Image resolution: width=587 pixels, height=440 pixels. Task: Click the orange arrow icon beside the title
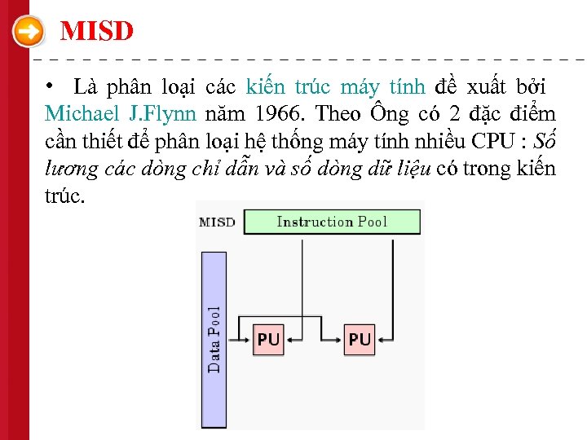[29, 33]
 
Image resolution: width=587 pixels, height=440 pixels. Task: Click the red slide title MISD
[97, 32]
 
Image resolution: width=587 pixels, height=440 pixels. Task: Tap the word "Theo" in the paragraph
[338, 112]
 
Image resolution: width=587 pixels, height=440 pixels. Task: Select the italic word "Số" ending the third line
[543, 140]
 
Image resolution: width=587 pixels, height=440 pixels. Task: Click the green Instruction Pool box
[332, 222]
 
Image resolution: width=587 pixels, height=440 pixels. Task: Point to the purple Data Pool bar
[214, 339]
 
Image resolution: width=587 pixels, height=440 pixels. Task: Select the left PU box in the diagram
[268, 339]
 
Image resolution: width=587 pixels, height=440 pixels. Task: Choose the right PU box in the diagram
[359, 339]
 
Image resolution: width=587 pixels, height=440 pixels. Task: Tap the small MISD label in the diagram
[218, 222]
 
